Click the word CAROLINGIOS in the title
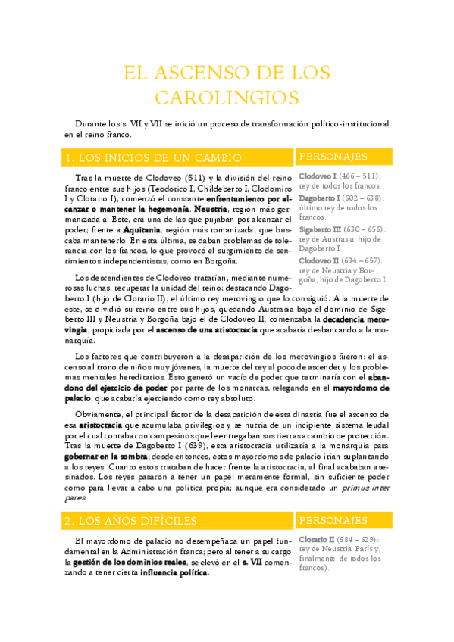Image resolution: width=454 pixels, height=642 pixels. (x=227, y=98)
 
